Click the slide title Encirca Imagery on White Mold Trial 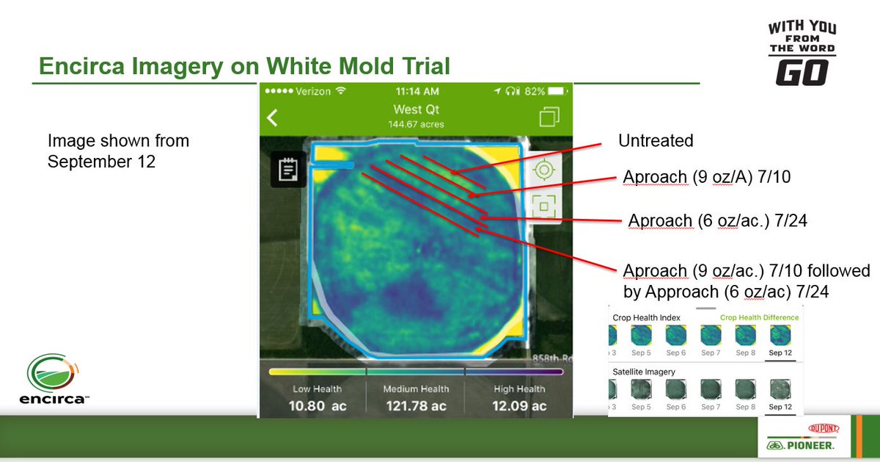[244, 67]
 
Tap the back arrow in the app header [272, 118]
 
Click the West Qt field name [417, 110]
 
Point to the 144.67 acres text [417, 124]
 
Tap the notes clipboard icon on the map [288, 170]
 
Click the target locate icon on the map [543, 170]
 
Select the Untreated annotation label [655, 140]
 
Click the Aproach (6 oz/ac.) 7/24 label [717, 220]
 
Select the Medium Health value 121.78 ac [415, 405]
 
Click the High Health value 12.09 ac [518, 405]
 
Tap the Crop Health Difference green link [759, 317]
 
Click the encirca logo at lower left [56, 379]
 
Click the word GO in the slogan [802, 73]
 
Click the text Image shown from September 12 [118, 151]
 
